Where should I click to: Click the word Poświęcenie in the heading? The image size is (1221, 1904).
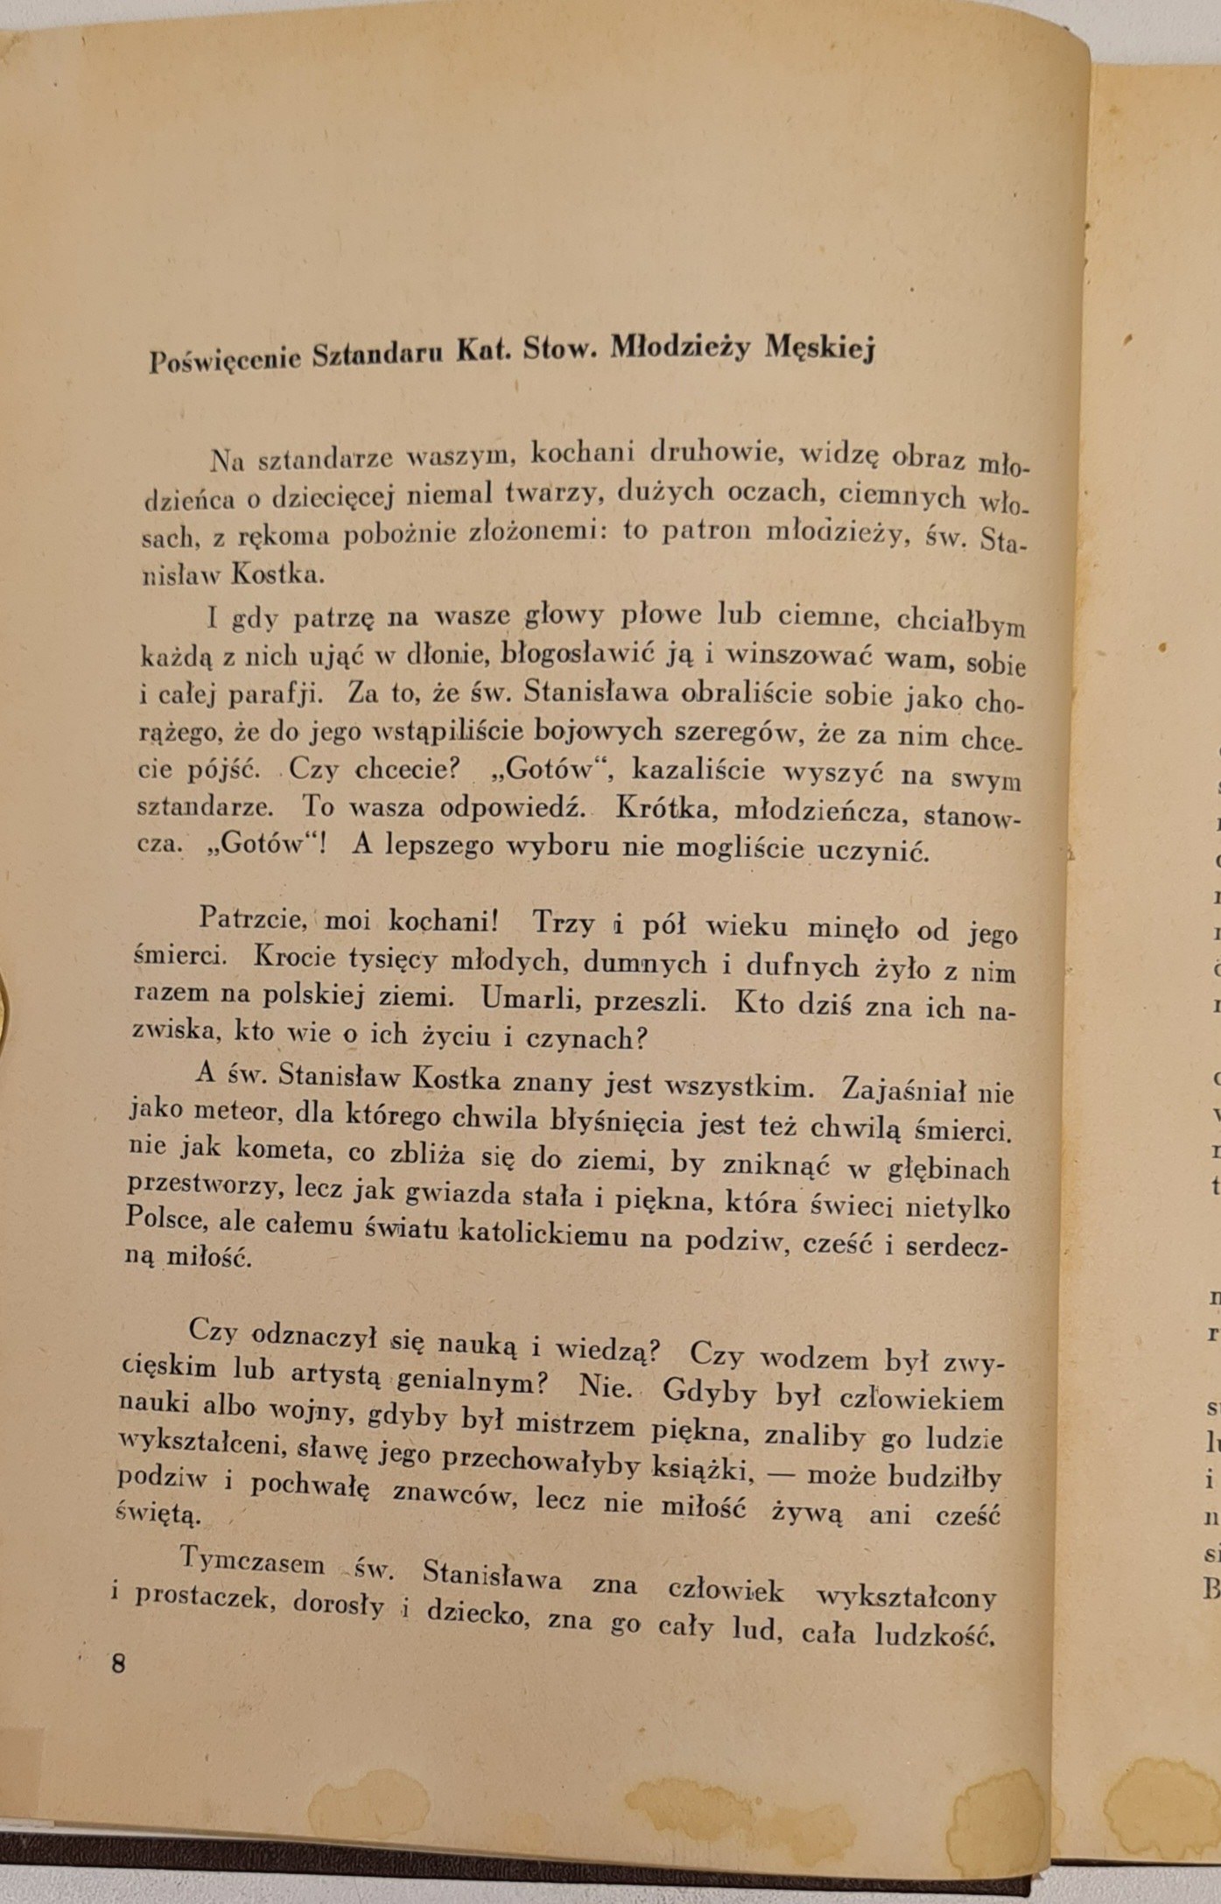pos(224,358)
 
